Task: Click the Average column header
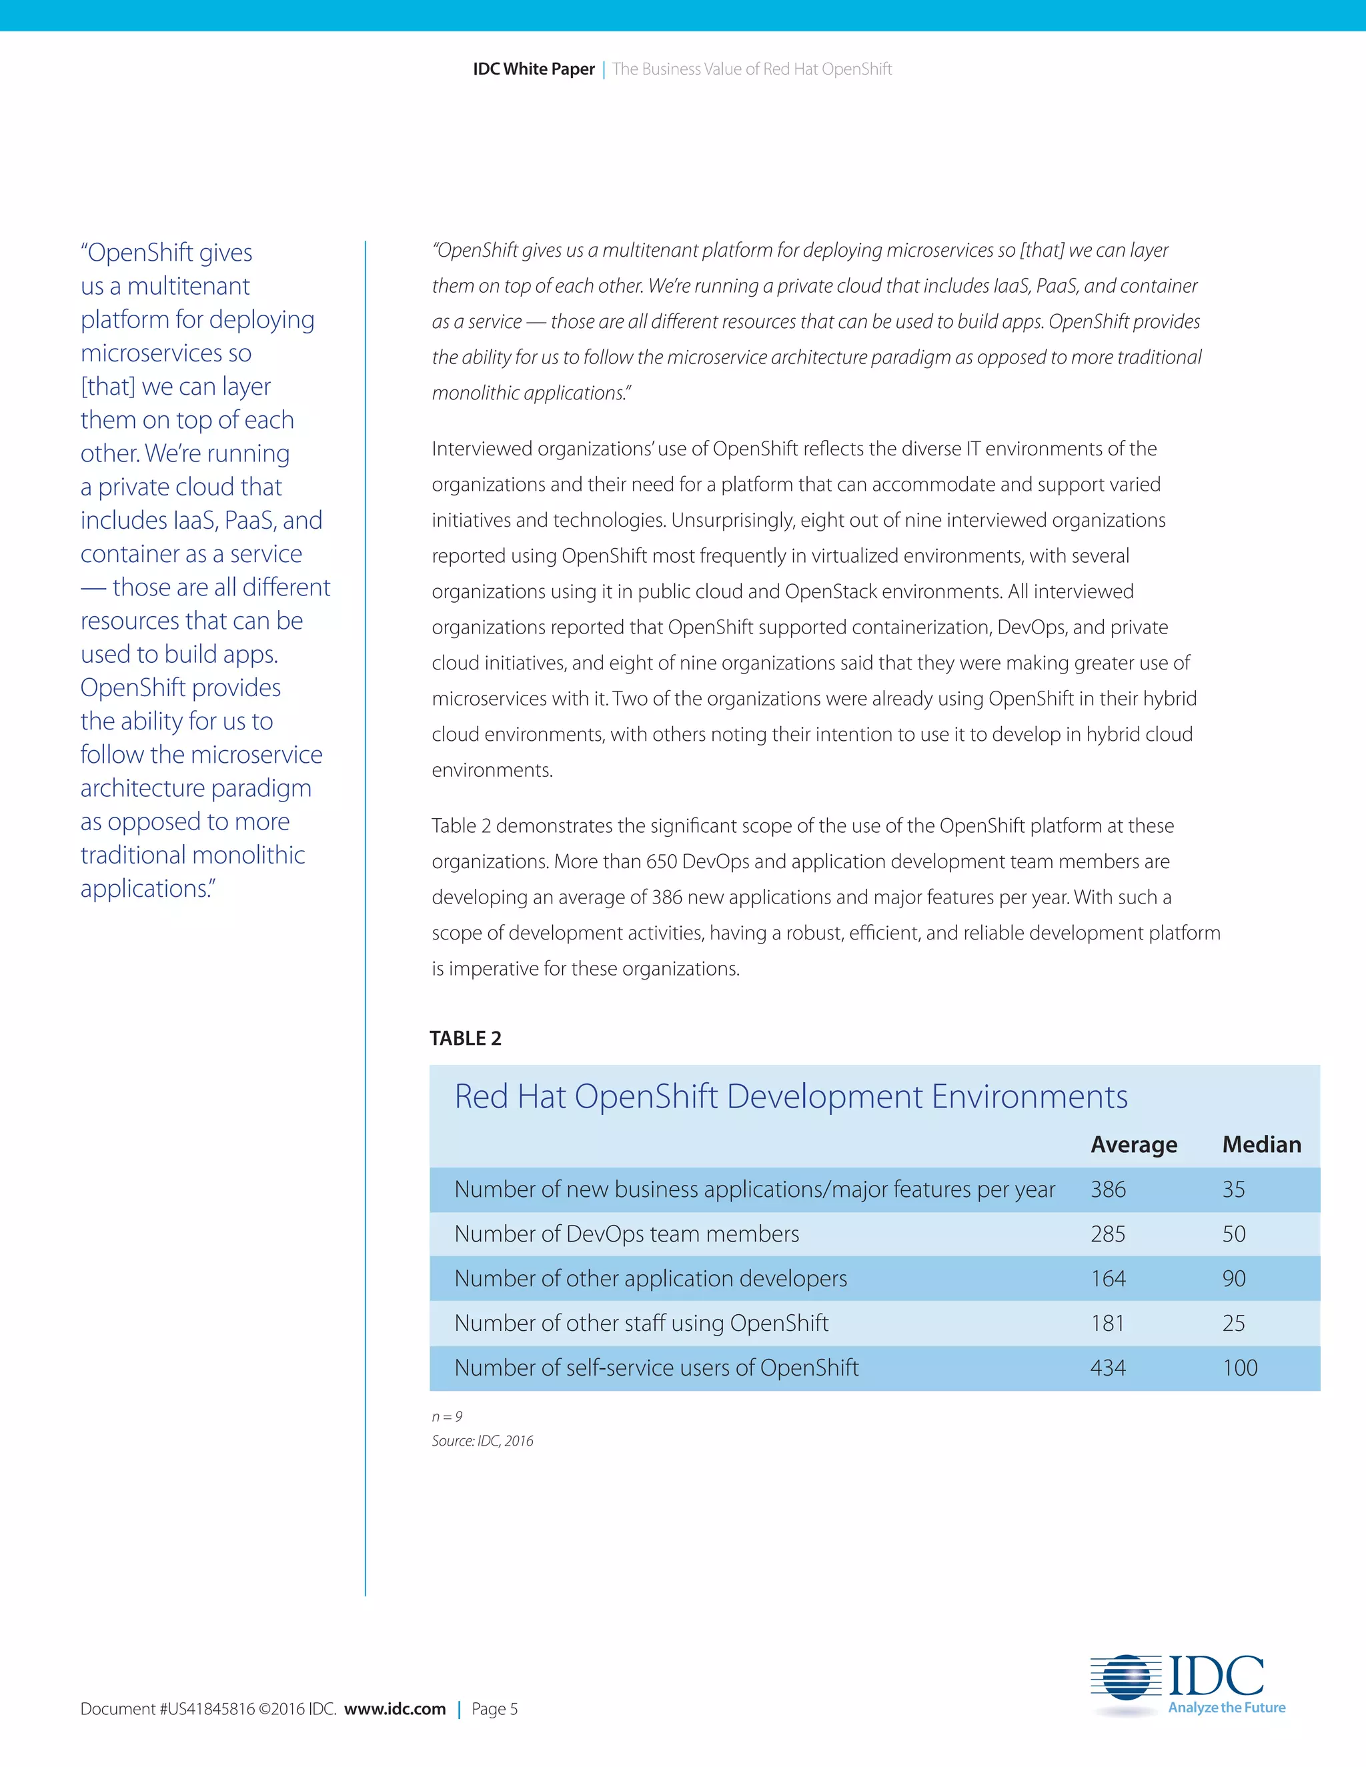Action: click(x=1133, y=1145)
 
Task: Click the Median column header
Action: click(x=1261, y=1145)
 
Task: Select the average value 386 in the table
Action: click(x=1108, y=1190)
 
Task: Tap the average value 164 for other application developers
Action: click(x=1108, y=1278)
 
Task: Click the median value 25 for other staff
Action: click(x=1233, y=1323)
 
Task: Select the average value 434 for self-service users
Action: click(x=1108, y=1368)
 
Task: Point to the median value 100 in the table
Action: click(x=1239, y=1368)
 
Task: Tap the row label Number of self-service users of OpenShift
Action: click(x=656, y=1368)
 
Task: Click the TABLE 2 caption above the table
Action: click(x=466, y=1038)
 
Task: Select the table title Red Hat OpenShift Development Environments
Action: click(x=790, y=1097)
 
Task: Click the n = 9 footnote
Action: click(x=447, y=1417)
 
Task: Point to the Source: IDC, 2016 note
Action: click(x=482, y=1441)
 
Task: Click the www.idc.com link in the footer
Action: click(x=395, y=1709)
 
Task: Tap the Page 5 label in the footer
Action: click(x=494, y=1709)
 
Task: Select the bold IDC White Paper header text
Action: click(x=534, y=69)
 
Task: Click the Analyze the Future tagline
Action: click(x=1226, y=1707)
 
